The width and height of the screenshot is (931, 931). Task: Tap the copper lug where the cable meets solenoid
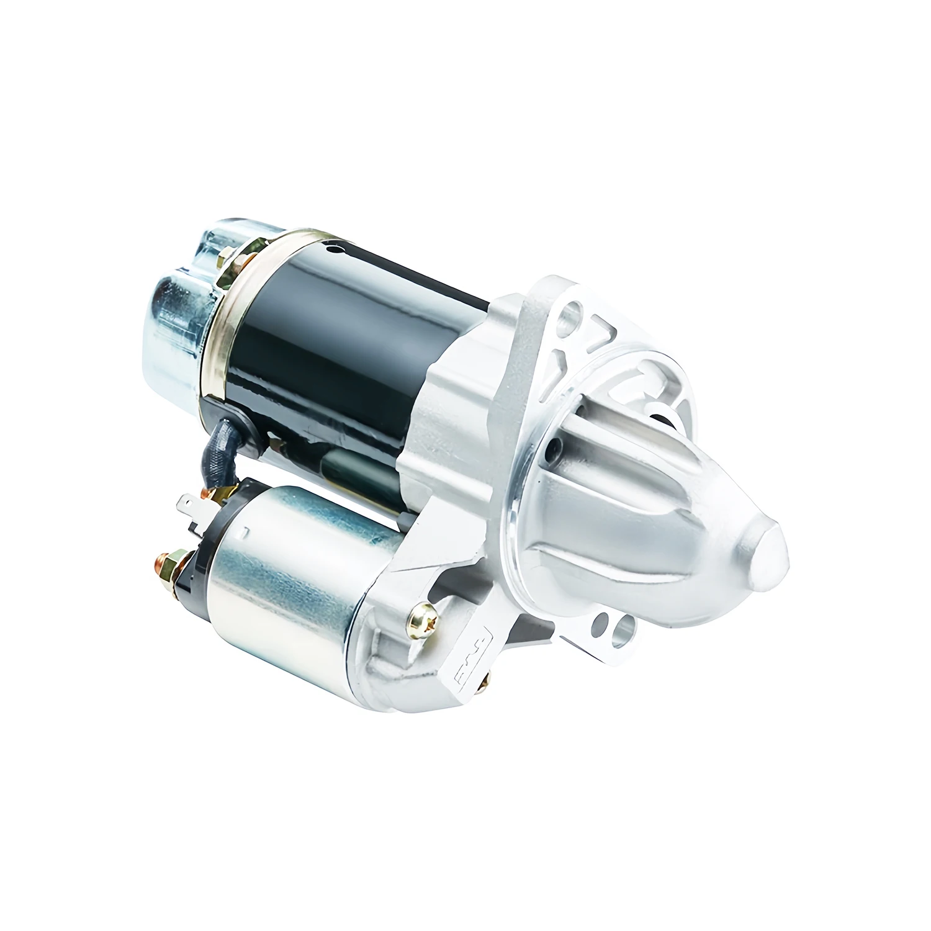coord(217,493)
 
